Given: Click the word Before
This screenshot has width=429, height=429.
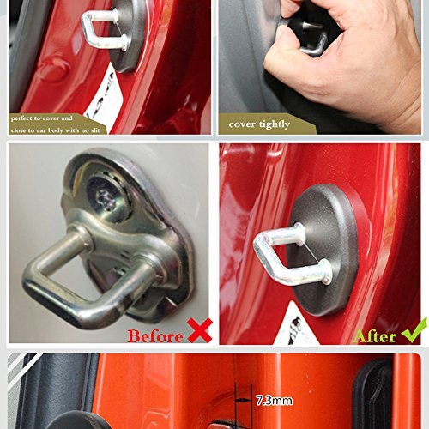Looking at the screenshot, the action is coord(155,335).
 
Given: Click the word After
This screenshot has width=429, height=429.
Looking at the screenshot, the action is coord(374,336).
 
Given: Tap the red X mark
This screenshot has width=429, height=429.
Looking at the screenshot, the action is coord(200,330).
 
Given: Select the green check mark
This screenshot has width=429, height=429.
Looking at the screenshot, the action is coord(414,330).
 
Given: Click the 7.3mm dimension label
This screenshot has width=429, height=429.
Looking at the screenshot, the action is coord(274,400).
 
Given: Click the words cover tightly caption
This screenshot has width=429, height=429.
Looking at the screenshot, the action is coord(259,124).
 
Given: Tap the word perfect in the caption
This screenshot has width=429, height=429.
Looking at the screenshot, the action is coord(21,118).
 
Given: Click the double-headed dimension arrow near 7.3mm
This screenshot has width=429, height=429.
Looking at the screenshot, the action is coord(243,401).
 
